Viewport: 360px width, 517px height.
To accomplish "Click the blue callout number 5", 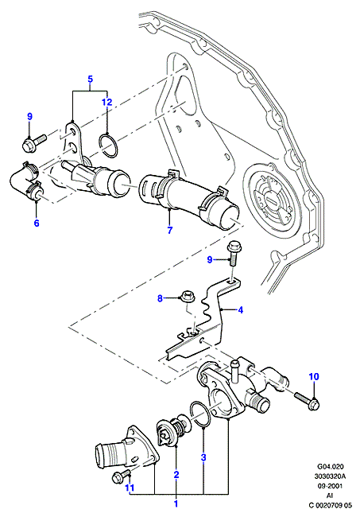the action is pos(91,79).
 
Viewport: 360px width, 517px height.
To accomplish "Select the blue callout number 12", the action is pos(107,103).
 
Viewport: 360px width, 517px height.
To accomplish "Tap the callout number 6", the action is pos(37,224).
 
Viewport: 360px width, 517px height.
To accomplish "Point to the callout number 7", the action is pos(169,230).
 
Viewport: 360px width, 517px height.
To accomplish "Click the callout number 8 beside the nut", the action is pos(160,299).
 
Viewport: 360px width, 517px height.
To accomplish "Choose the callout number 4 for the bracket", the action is pos(241,310).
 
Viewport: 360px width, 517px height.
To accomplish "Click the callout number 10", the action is pos(314,376).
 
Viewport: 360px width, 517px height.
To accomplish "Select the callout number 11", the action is pos(130,487).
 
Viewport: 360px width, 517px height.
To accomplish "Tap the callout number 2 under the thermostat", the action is pos(176,475).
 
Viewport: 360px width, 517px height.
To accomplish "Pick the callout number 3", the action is pos(203,457).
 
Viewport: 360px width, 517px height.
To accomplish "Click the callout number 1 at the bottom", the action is pos(176,503).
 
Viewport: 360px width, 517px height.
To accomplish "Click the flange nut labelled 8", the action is pos(188,296).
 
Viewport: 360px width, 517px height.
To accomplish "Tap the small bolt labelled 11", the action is pos(121,476).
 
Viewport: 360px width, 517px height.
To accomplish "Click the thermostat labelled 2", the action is pos(172,429).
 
